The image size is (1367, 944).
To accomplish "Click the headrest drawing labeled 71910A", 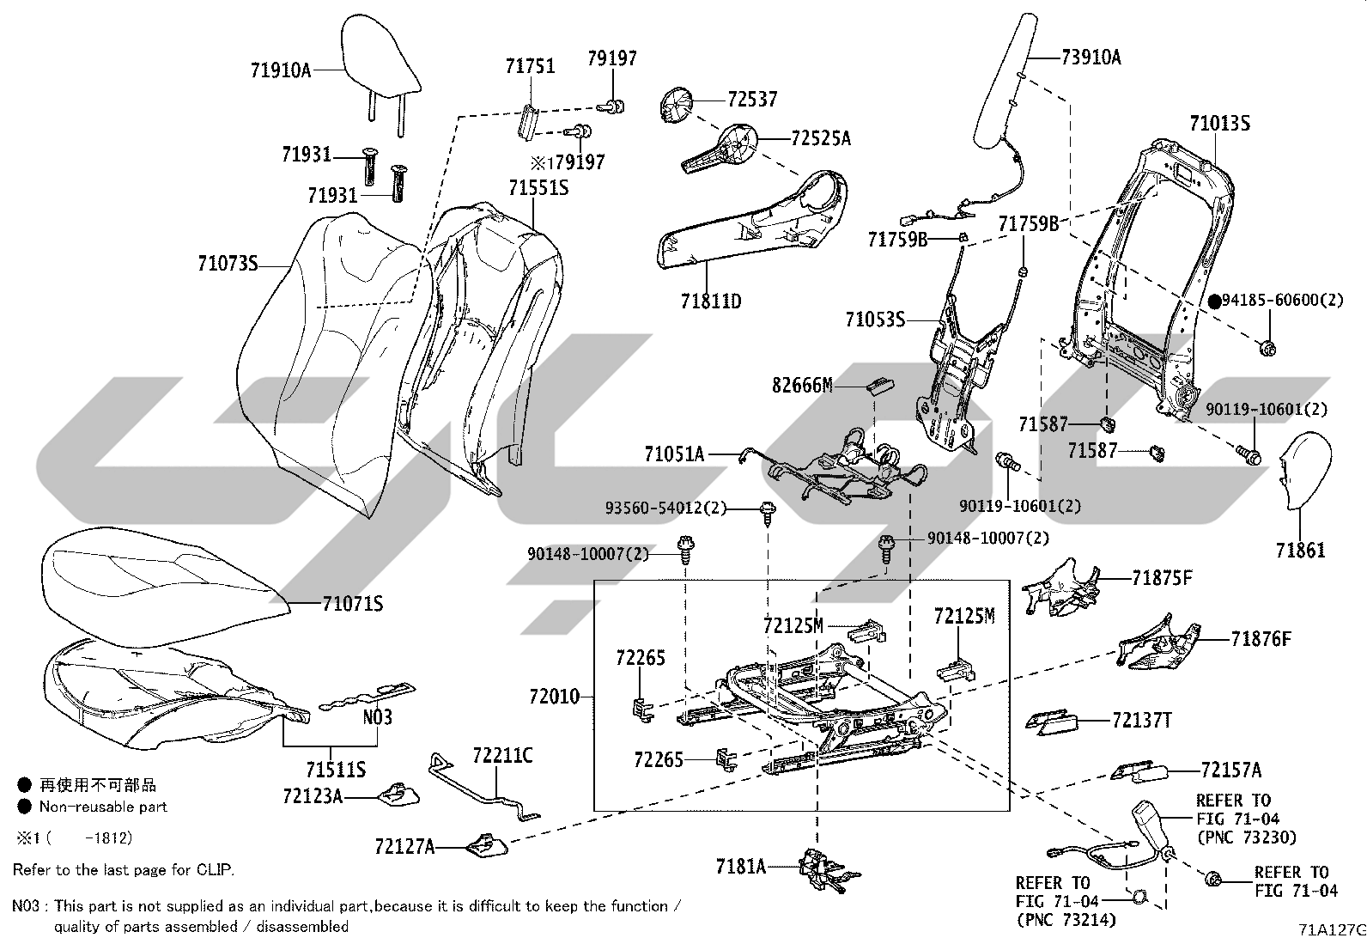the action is click(380, 70).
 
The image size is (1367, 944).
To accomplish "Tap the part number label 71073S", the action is click(228, 264).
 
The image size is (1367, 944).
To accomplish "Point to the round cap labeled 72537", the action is click(676, 105).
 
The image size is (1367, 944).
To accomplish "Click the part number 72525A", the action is click(821, 138).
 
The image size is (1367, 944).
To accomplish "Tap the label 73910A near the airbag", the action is click(1091, 58).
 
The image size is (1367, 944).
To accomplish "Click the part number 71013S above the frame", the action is click(1220, 124).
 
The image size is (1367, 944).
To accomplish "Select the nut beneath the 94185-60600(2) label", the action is click(1267, 349).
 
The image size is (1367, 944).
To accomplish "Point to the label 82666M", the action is click(802, 386).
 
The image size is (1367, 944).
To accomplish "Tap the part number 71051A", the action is click(674, 454).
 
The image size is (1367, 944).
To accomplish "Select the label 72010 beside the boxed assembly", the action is click(554, 696).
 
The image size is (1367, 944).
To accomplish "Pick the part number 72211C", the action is click(502, 756).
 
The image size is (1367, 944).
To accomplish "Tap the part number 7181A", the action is click(741, 867).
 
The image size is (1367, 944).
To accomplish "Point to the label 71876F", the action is click(1261, 639).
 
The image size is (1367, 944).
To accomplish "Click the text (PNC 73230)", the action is click(1246, 837).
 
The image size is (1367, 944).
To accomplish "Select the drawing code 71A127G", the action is click(1332, 929).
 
